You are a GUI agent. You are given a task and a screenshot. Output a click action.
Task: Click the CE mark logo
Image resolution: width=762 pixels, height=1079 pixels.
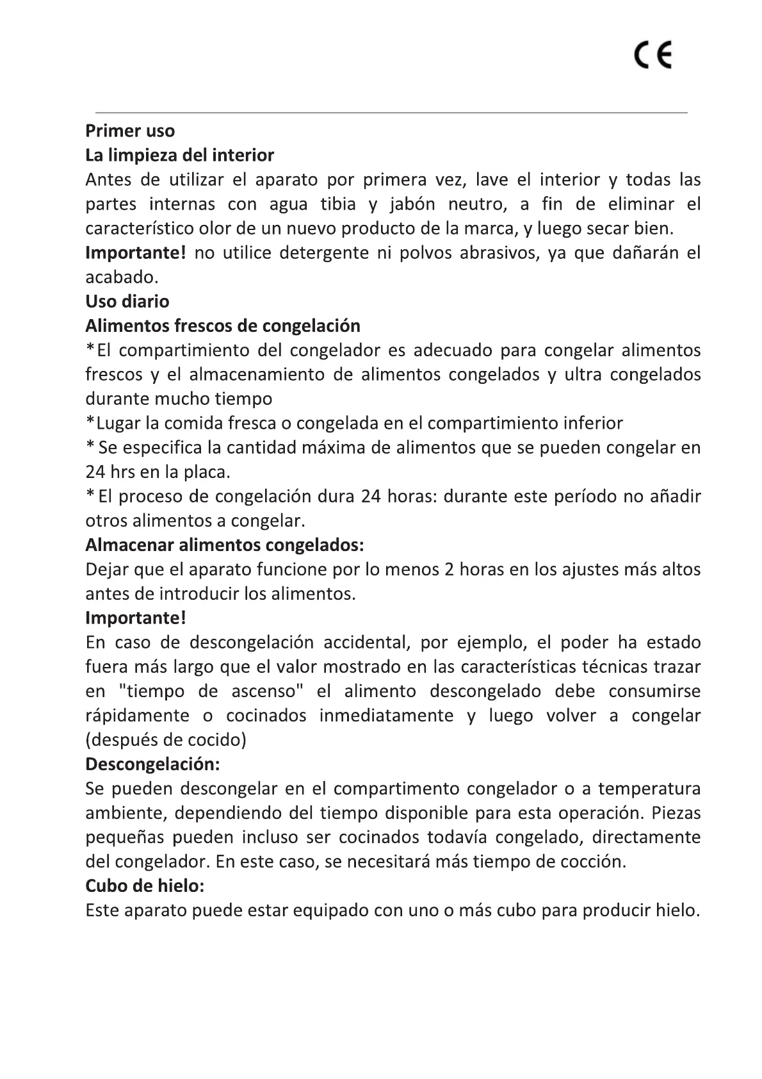click(x=654, y=56)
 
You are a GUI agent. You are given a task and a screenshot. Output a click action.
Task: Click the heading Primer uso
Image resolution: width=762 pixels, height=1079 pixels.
click(x=130, y=131)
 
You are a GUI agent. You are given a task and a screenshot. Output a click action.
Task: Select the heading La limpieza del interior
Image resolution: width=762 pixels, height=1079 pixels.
click(x=180, y=156)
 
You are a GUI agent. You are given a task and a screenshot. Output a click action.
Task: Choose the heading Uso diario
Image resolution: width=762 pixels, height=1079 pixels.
click(x=127, y=302)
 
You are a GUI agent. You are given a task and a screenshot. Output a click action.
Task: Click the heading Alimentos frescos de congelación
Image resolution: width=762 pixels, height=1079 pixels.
click(x=223, y=326)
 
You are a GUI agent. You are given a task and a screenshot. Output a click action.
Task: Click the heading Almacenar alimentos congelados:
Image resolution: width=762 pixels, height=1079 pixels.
click(x=225, y=545)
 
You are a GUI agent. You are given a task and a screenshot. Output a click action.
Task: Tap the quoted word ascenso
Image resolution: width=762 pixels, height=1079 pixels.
click(x=263, y=691)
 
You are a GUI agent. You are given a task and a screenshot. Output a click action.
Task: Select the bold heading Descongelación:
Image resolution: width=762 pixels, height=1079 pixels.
click(x=152, y=764)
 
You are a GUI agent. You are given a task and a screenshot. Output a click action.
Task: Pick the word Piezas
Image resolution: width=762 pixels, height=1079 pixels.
click(x=676, y=813)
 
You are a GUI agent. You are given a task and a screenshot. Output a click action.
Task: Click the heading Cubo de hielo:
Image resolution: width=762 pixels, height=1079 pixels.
click(x=145, y=886)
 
